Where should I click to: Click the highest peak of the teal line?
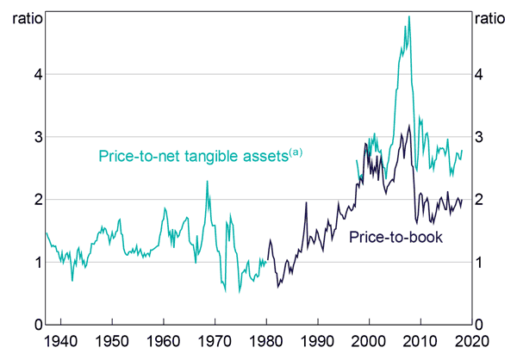408,16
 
